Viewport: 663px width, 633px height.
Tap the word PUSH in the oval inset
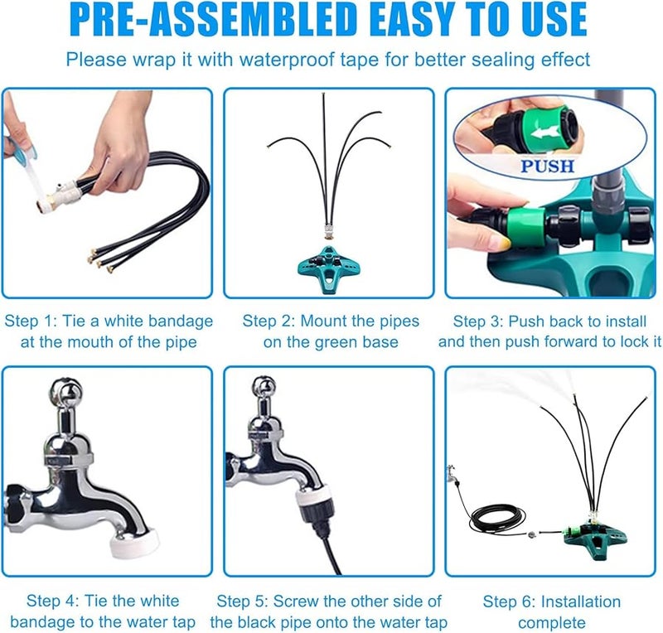coord(548,166)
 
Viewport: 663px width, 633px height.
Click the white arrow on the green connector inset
coord(548,132)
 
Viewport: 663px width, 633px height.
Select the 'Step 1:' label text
coord(31,321)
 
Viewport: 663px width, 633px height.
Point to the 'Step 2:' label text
coord(269,321)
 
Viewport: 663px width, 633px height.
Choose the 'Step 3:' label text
coord(481,321)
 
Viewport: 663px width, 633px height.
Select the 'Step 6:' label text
coord(510,602)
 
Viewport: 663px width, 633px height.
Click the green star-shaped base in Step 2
coord(328,265)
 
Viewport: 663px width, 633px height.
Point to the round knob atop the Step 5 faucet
coord(264,389)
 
